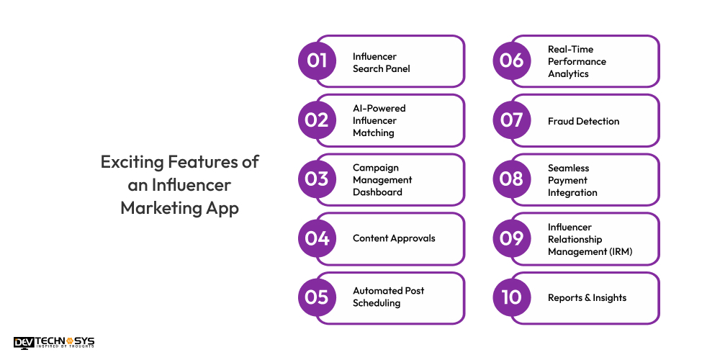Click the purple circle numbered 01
click(x=317, y=61)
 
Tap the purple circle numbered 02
click(x=317, y=120)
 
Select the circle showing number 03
click(x=317, y=179)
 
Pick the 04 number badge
click(x=317, y=238)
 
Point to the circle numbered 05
click(x=317, y=297)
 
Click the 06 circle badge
click(x=512, y=61)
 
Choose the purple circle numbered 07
click(x=512, y=120)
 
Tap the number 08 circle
click(x=512, y=179)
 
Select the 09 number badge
click(x=512, y=238)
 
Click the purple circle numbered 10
click(x=512, y=297)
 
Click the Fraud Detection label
click(x=583, y=121)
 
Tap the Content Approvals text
click(x=394, y=238)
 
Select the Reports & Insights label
click(x=587, y=297)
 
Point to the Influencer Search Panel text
click(x=382, y=63)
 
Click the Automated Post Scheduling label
click(x=388, y=297)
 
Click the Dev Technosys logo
click(x=54, y=343)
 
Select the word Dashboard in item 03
click(x=377, y=192)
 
